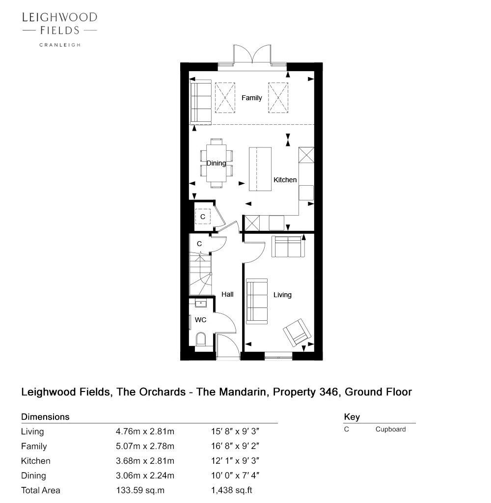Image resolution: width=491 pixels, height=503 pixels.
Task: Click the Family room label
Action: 251,98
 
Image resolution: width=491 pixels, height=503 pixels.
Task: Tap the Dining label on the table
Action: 216,163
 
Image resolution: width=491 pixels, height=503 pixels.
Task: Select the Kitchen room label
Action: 285,180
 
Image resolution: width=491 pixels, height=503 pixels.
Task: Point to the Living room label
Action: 282,295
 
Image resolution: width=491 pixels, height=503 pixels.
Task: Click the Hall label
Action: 227,294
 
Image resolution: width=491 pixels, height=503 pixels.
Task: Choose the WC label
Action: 200,320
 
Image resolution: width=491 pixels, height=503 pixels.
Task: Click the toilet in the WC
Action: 201,339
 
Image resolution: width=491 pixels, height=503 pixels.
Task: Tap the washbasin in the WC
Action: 201,303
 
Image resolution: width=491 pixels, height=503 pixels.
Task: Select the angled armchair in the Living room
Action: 297,333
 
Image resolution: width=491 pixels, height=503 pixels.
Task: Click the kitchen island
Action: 260,169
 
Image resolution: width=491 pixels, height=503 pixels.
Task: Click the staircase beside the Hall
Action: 200,274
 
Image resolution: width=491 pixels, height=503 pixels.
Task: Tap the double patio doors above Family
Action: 252,55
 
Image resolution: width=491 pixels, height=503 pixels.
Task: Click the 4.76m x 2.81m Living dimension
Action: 145,431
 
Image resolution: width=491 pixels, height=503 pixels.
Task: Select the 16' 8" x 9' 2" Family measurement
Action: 235,446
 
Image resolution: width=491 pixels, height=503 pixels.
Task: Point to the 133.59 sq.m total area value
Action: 140,491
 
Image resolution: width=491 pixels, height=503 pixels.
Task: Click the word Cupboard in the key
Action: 391,429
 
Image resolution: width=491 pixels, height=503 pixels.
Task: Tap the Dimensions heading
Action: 45,417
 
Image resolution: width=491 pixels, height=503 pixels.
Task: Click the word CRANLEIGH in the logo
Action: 60,45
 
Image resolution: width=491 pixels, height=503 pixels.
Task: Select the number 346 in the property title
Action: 328,392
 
